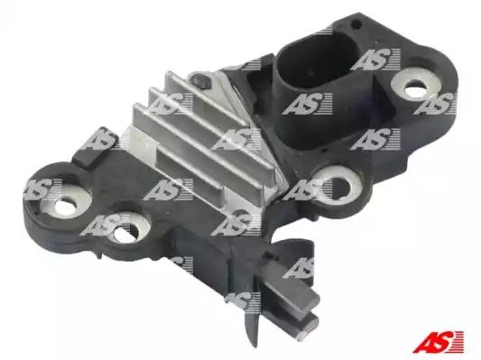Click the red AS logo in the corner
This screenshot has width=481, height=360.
(438, 341)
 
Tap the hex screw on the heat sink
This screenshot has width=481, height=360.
(199, 80)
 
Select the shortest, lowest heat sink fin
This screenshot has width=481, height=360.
(190, 171)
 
